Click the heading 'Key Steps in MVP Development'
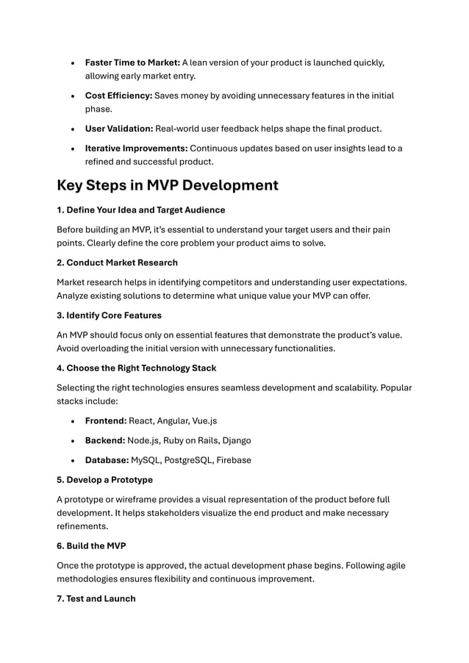pos(168,184)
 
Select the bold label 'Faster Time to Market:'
pos(132,62)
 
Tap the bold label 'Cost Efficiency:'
pos(118,96)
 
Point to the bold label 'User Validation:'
pos(119,129)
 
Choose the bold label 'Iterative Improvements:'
pos(136,148)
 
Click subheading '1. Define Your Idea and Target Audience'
pos(141,210)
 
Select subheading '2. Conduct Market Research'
pos(117,262)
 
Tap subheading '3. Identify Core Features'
pos(109,315)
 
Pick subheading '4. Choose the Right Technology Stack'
pos(137,368)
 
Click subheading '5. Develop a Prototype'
pos(105,480)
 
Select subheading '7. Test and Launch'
pos(96,599)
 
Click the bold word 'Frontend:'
pos(106,421)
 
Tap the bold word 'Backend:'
pos(105,440)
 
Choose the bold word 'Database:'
pos(107,460)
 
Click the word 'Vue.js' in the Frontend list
pos(204,421)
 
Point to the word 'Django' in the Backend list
pos(237,440)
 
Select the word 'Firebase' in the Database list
pos(232,460)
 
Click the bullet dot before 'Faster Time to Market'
pos(72,63)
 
